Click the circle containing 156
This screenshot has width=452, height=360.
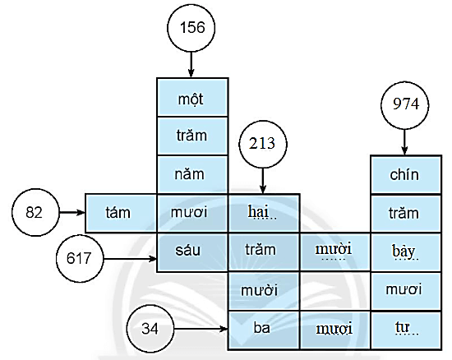coord(191,27)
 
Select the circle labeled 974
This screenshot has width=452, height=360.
coord(405,106)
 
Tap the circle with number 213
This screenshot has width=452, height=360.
coord(263,143)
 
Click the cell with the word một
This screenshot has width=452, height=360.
coord(192,98)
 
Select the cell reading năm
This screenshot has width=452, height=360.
coord(192,174)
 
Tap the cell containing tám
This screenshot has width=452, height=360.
coord(121,212)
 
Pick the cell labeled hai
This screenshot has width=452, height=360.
coord(263,212)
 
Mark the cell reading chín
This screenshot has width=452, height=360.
coord(405,174)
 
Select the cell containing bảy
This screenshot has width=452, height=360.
coord(405,250)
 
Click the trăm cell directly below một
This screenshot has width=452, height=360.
coord(192,136)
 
